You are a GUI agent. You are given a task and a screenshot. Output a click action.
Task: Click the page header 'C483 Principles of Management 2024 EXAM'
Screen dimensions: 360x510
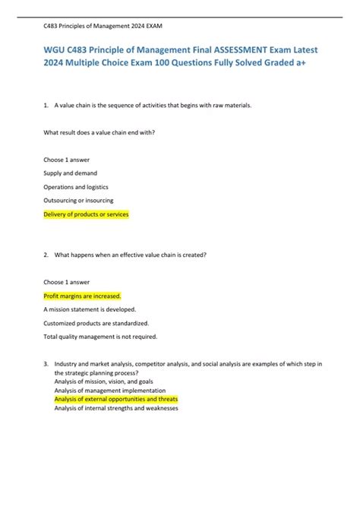click(x=103, y=25)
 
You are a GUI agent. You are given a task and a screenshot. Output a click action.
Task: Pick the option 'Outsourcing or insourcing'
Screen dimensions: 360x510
click(x=79, y=200)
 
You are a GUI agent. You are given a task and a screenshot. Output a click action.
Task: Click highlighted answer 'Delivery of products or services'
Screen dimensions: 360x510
click(x=87, y=214)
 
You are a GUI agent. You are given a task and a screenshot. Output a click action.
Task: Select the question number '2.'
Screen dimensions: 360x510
click(x=47, y=255)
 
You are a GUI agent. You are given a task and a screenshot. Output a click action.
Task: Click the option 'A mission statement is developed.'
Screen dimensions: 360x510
click(x=90, y=309)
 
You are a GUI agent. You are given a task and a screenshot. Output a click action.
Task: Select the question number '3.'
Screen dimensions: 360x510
click(x=47, y=365)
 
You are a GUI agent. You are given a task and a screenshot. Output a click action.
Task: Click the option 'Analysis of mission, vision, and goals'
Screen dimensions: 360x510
click(x=103, y=382)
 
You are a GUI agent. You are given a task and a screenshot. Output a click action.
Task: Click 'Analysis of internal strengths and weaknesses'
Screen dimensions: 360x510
click(x=116, y=407)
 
